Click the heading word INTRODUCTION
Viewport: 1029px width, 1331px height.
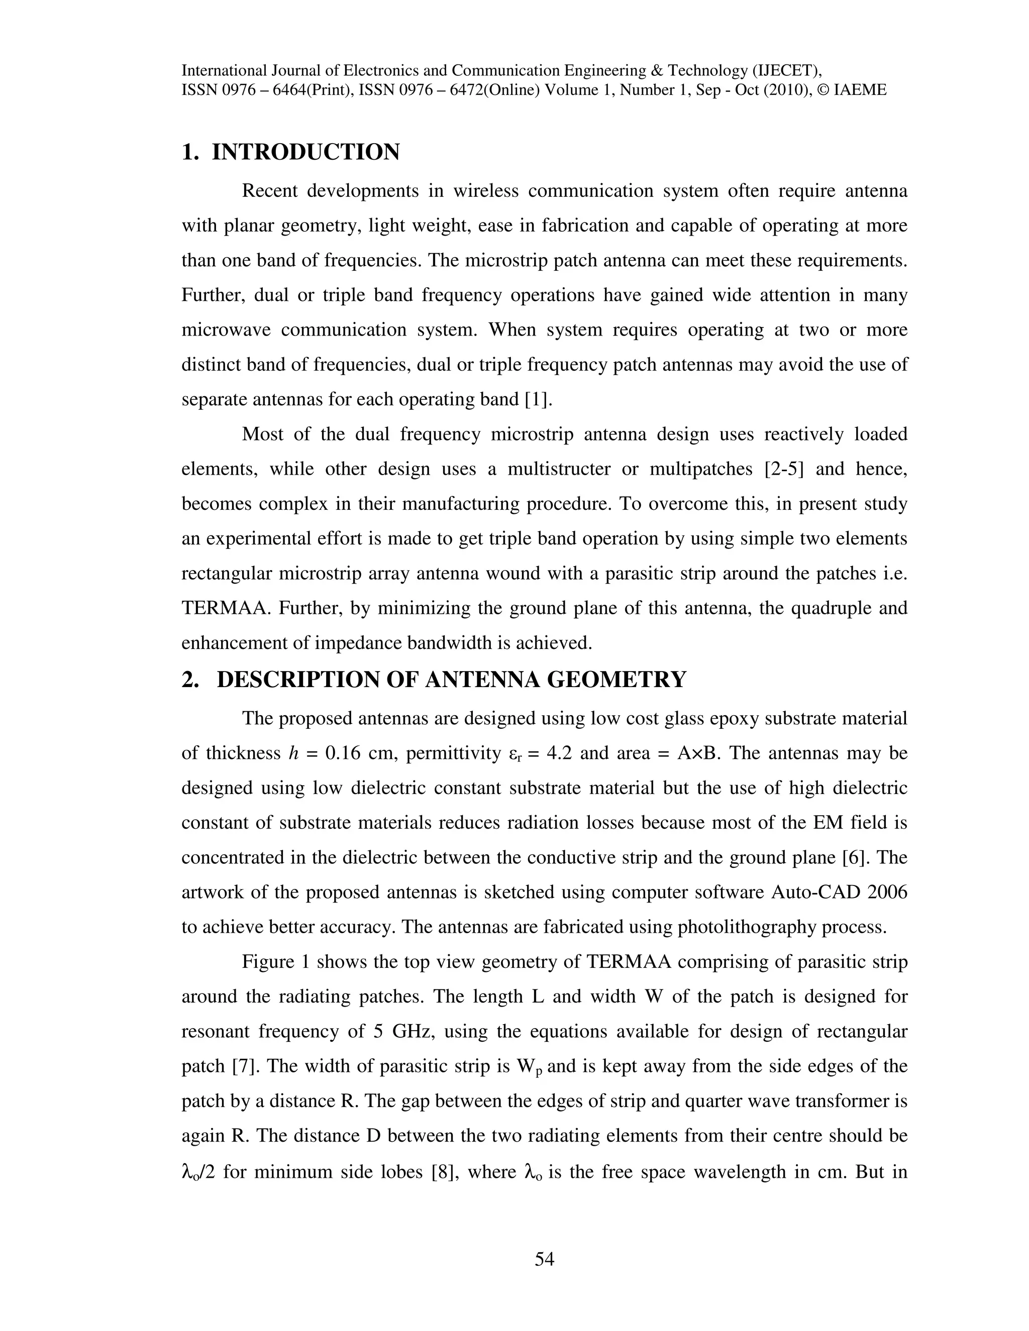(305, 152)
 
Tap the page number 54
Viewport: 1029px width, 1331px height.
(544, 1259)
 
